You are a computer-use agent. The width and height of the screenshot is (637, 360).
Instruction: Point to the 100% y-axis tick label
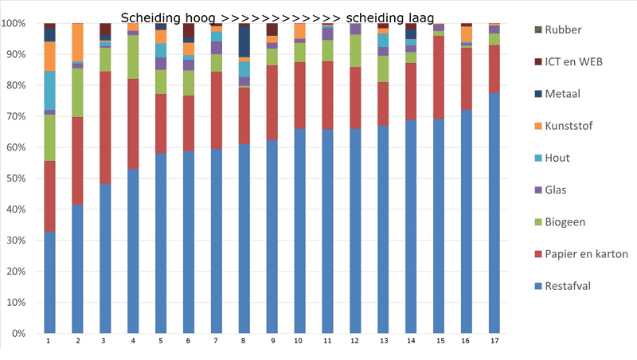point(14,23)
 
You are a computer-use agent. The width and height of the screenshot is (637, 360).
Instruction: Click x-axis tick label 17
point(494,341)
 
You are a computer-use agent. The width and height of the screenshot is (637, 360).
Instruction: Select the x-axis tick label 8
point(243,341)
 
